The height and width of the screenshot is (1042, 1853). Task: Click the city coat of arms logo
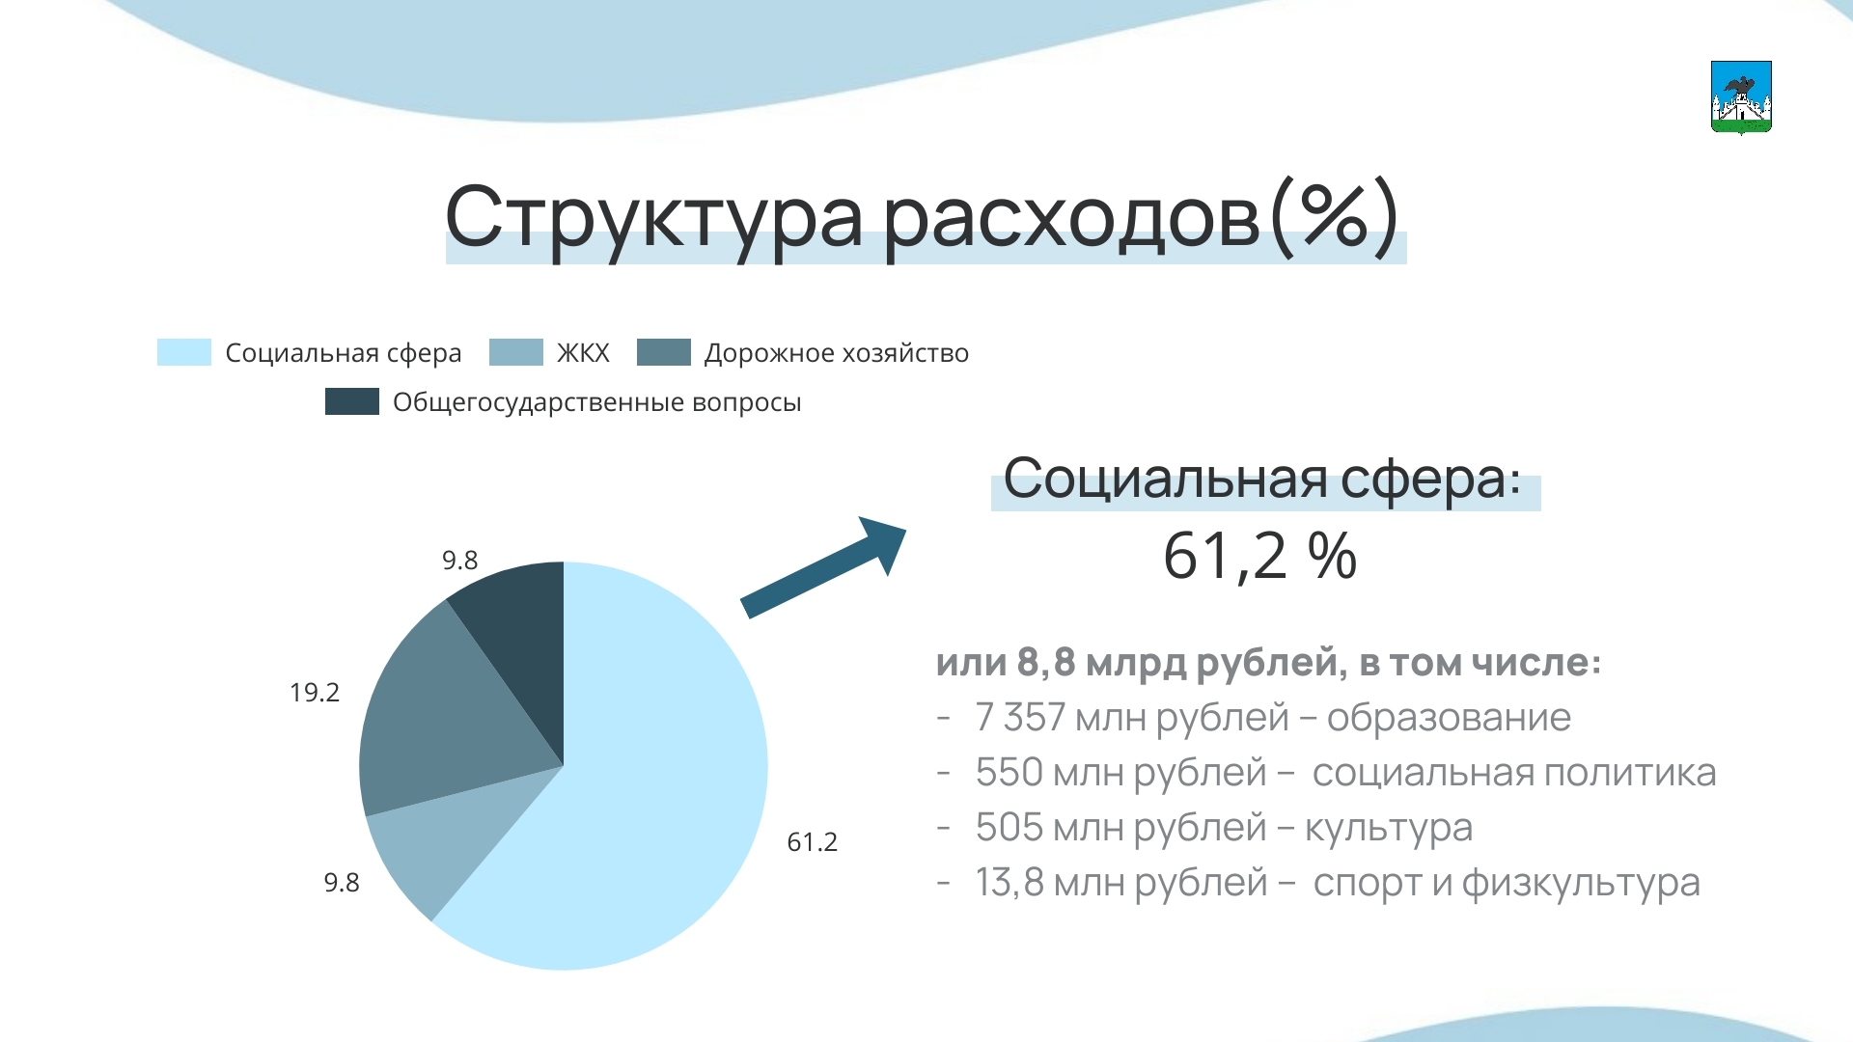pos(1741,97)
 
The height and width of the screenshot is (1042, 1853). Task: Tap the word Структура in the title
pos(653,218)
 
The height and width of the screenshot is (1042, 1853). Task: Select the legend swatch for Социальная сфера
pos(183,352)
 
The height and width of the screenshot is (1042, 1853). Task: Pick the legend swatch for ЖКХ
pos(516,352)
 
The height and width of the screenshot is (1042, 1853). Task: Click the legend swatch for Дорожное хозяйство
pos(664,352)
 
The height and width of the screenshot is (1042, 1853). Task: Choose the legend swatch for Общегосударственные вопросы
pos(352,401)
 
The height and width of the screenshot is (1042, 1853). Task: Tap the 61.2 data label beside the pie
pos(812,842)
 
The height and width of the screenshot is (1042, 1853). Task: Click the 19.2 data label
pos(315,693)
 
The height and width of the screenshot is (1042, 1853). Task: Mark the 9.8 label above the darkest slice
pos(459,561)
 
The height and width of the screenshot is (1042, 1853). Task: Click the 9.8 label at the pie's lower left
pos(342,883)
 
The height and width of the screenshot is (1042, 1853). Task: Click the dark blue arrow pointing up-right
pos(823,567)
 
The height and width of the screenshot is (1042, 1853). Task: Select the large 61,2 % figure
pos(1259,557)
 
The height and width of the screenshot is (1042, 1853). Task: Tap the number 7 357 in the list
pos(1020,718)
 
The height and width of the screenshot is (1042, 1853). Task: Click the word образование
pos(1449,718)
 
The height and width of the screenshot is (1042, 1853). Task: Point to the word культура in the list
pos(1389,828)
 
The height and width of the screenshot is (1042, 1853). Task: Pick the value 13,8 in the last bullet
pos(1009,883)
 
